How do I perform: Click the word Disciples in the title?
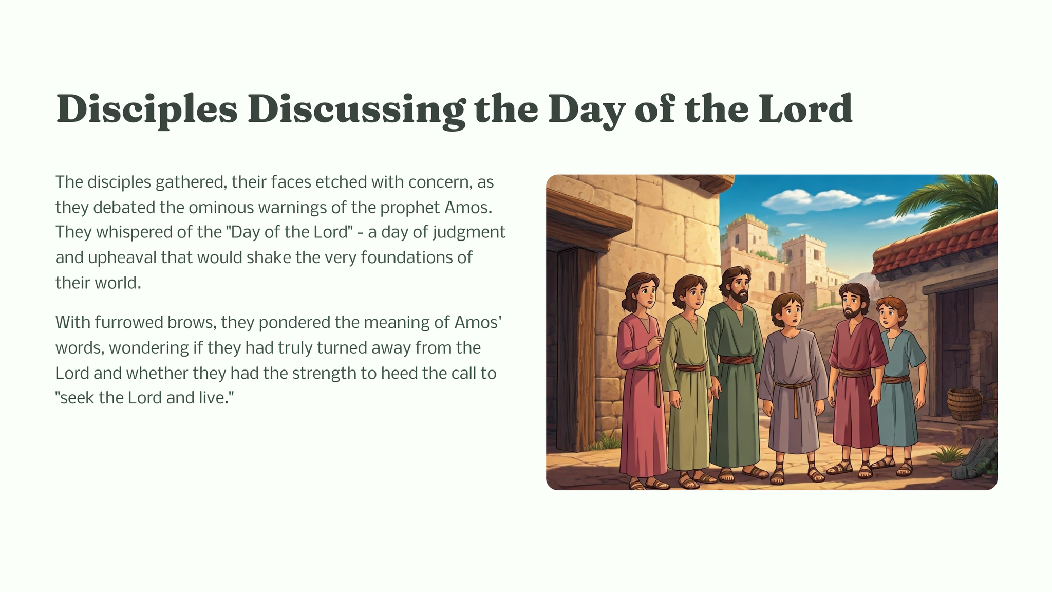[x=147, y=109]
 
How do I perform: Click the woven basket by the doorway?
[x=964, y=403]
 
